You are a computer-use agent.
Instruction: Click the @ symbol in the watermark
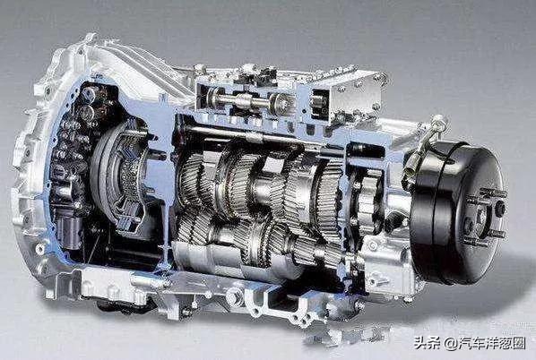pos(451,343)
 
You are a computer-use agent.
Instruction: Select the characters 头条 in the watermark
pos(428,343)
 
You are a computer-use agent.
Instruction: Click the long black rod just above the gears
pos(239,134)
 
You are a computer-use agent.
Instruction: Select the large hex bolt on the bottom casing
pos(235,296)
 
